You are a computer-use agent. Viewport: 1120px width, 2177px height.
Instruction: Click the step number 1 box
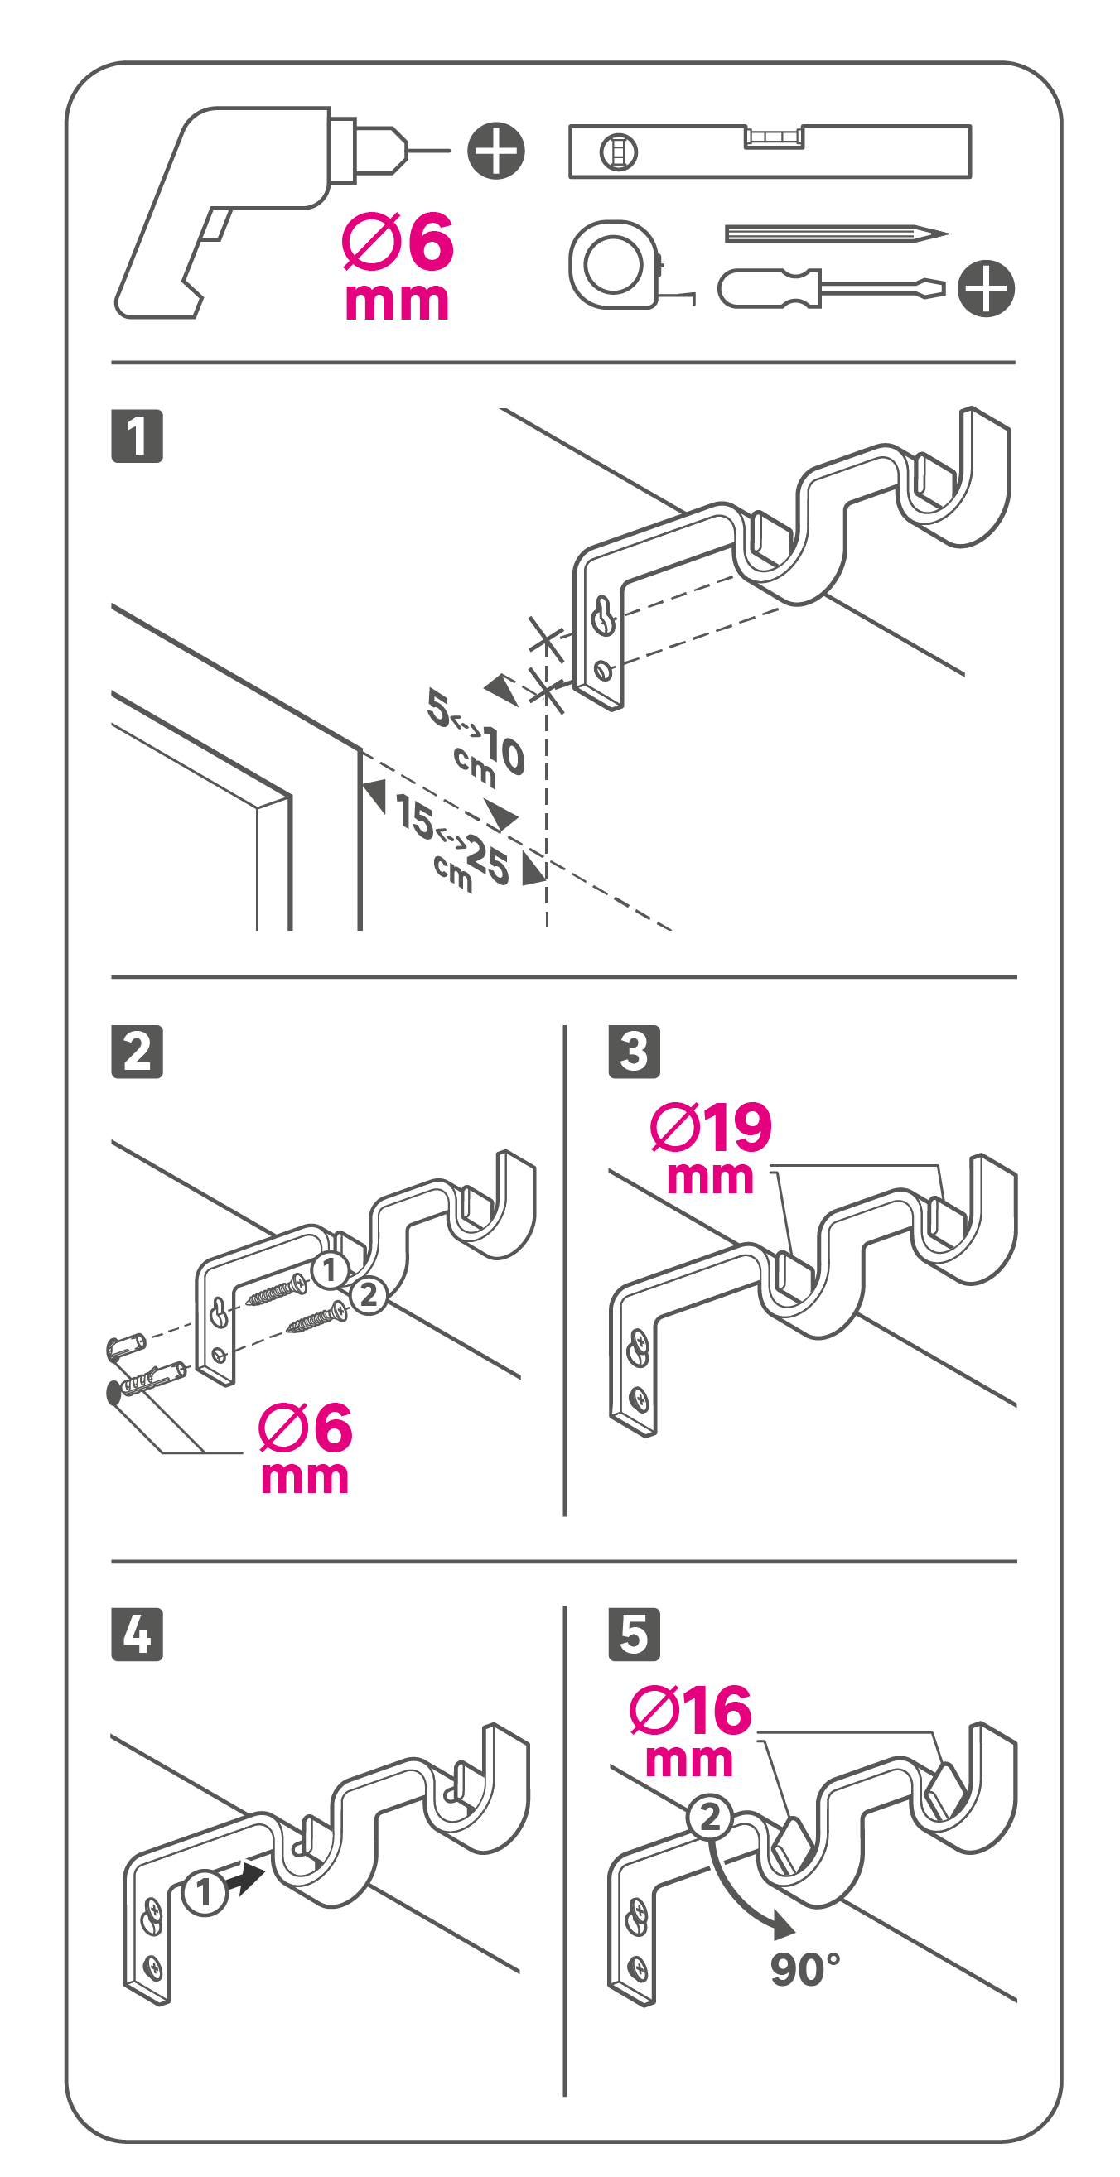click(137, 436)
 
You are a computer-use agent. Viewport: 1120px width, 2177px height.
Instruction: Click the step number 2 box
click(137, 1052)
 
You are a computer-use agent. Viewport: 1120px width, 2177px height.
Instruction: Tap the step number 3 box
click(634, 1052)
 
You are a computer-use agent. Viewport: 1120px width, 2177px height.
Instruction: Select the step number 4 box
click(137, 1635)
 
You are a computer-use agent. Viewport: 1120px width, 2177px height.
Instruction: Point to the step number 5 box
click(634, 1635)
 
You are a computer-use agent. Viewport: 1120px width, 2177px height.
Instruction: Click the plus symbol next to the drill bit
click(496, 152)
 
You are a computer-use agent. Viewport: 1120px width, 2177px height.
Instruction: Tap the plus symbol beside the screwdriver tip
click(987, 288)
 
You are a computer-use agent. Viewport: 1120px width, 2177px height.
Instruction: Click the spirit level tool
click(770, 152)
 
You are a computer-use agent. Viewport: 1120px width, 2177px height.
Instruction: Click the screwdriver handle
click(770, 288)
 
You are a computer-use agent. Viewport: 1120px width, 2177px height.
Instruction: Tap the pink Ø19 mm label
click(711, 1148)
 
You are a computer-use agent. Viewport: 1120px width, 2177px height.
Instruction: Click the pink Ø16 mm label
click(691, 1730)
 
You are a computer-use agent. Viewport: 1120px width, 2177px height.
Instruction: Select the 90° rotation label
click(805, 1969)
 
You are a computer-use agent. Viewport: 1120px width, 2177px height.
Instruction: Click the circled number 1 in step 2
click(330, 1269)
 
